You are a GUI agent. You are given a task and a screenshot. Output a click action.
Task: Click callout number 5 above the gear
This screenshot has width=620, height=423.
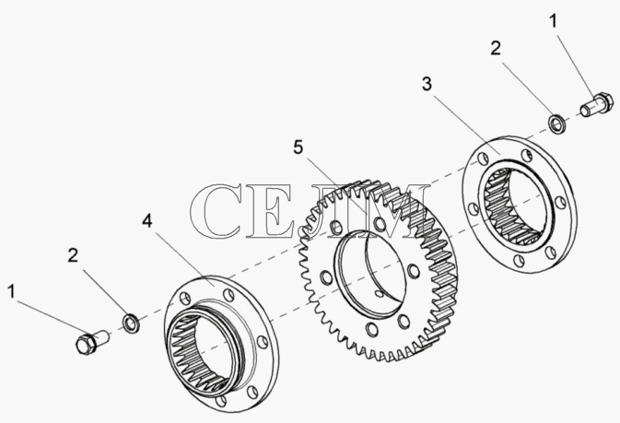pyautogui.click(x=298, y=147)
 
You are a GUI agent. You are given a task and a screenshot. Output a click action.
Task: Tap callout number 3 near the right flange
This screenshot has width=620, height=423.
pyautogui.click(x=427, y=84)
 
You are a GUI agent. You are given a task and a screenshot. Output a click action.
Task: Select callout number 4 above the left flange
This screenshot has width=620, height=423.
pyautogui.click(x=147, y=220)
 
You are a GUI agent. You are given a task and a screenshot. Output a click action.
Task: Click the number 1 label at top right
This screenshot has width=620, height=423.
pyautogui.click(x=554, y=21)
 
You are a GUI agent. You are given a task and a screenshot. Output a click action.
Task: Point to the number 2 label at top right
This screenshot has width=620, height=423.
pyautogui.click(x=496, y=48)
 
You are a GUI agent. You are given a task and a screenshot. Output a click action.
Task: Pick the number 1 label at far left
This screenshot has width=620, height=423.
pyautogui.click(x=11, y=291)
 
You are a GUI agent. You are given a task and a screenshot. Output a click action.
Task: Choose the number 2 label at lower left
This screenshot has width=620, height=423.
pyautogui.click(x=73, y=255)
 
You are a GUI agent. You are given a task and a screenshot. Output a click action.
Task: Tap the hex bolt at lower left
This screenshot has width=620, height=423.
pyautogui.click(x=92, y=342)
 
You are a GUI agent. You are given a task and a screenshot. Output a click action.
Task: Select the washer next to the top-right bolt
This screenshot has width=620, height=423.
pyautogui.click(x=557, y=123)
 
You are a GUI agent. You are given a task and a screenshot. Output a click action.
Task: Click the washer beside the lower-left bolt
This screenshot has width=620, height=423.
pyautogui.click(x=131, y=323)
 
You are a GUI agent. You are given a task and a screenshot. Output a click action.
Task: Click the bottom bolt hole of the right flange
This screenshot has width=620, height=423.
pyautogui.click(x=519, y=261)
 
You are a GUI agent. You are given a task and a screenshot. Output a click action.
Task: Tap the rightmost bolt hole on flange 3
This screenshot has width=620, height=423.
pyautogui.click(x=560, y=202)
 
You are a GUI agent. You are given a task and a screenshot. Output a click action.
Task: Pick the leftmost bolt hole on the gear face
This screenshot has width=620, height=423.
pyautogui.click(x=326, y=277)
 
